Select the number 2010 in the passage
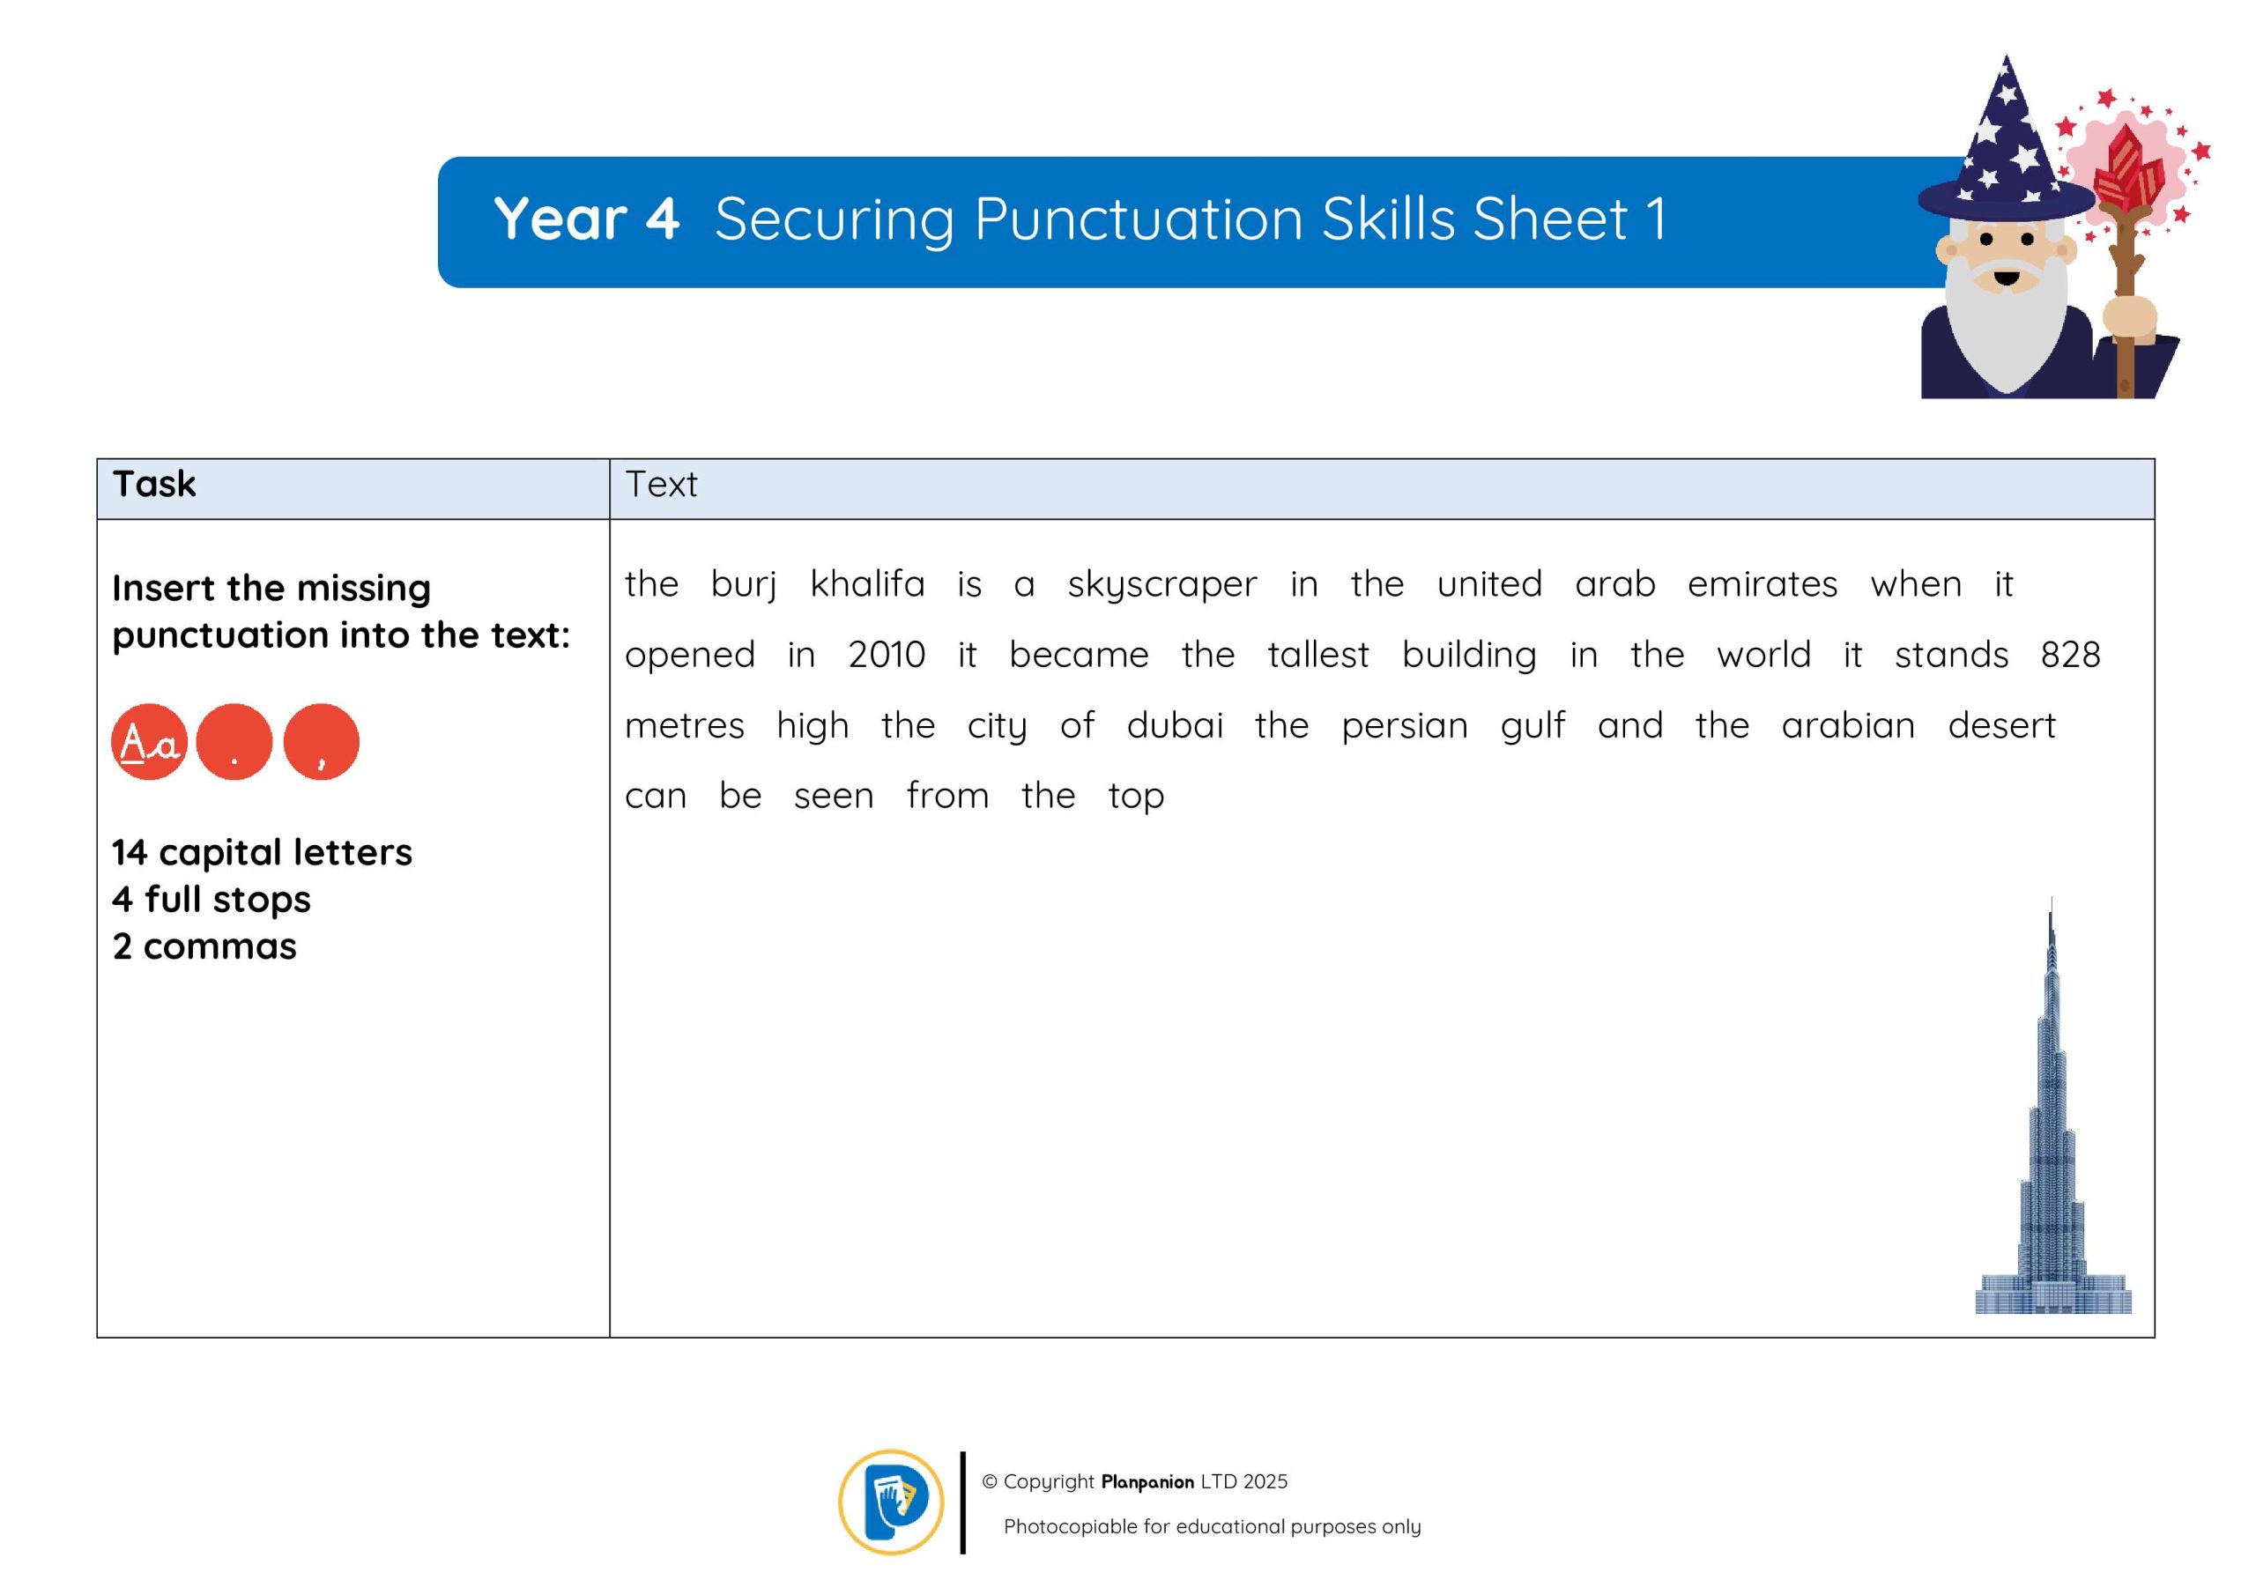pos(887,655)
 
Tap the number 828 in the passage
pos(2070,655)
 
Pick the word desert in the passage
pos(2001,725)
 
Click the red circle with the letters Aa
pos(149,742)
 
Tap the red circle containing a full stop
pos(234,742)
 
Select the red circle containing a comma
pos(322,742)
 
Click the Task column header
pos(154,484)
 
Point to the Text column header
pos(661,485)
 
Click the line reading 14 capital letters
pos(262,852)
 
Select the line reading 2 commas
pos(204,946)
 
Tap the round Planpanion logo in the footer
pos(891,1502)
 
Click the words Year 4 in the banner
pos(587,219)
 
